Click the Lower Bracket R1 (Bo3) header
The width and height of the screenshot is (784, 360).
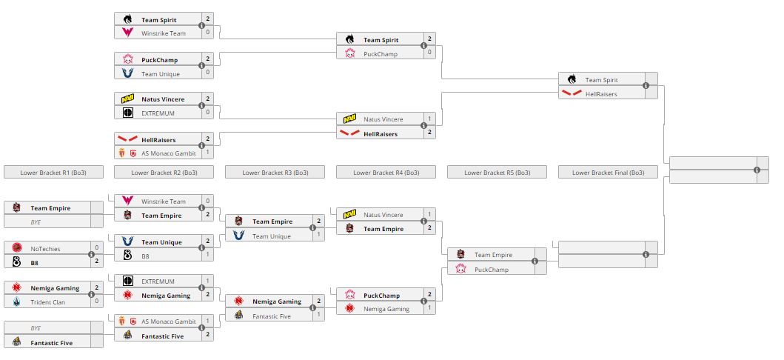click(x=53, y=173)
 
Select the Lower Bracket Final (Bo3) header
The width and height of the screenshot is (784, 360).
click(x=608, y=173)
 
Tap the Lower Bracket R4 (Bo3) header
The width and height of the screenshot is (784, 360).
click(x=386, y=173)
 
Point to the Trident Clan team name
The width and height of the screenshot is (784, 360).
click(x=45, y=301)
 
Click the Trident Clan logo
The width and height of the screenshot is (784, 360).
click(x=16, y=301)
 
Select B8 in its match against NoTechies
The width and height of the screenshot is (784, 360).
click(x=35, y=262)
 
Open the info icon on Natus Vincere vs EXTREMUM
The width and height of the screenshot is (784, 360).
click(x=201, y=106)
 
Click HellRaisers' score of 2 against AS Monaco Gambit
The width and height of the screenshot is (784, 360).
click(x=208, y=139)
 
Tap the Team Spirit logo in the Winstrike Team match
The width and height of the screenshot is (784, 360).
click(x=127, y=20)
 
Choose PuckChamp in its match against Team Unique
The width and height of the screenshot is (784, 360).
click(x=159, y=60)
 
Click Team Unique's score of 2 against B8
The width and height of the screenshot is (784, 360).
click(x=208, y=241)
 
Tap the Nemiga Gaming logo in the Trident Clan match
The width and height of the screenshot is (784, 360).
click(x=16, y=287)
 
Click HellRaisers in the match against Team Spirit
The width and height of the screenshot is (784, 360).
click(x=601, y=94)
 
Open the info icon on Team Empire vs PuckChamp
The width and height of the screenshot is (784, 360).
click(x=535, y=262)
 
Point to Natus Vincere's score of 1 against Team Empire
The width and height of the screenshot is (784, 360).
click(x=429, y=215)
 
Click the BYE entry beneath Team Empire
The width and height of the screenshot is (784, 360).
click(x=36, y=221)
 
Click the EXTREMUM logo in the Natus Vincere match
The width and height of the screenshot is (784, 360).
click(x=127, y=113)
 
